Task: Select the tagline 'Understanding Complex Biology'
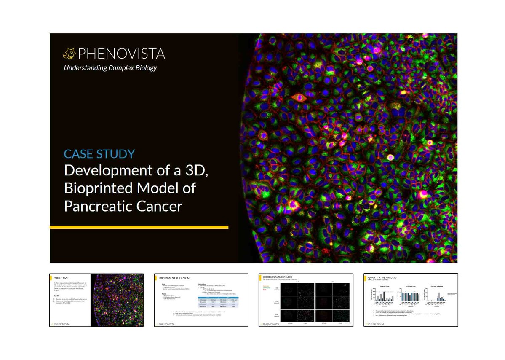click(x=110, y=67)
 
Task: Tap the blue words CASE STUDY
click(x=99, y=153)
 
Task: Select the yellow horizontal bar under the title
click(x=139, y=227)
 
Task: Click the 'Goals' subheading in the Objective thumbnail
click(x=57, y=296)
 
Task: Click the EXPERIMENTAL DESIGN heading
click(x=173, y=278)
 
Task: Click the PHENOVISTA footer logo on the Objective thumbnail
click(x=61, y=324)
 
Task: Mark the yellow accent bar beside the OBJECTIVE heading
click(x=51, y=278)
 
